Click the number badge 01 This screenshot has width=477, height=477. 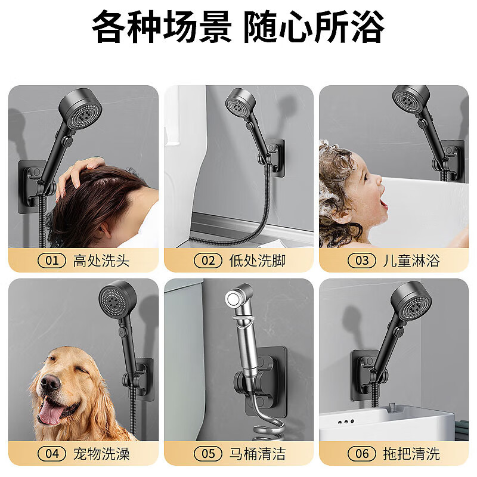(x=52, y=261)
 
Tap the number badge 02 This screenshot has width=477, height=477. (x=208, y=261)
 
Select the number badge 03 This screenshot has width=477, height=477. (x=363, y=261)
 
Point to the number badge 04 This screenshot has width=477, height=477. (x=52, y=454)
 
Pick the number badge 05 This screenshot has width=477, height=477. (x=208, y=454)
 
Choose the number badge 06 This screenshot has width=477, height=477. (x=363, y=454)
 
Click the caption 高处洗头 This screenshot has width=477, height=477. (x=101, y=261)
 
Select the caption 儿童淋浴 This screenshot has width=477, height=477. (x=411, y=261)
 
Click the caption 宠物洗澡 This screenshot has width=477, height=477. (x=101, y=454)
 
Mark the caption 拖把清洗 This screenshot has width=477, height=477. (x=411, y=454)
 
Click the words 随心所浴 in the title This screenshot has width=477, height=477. (x=314, y=27)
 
